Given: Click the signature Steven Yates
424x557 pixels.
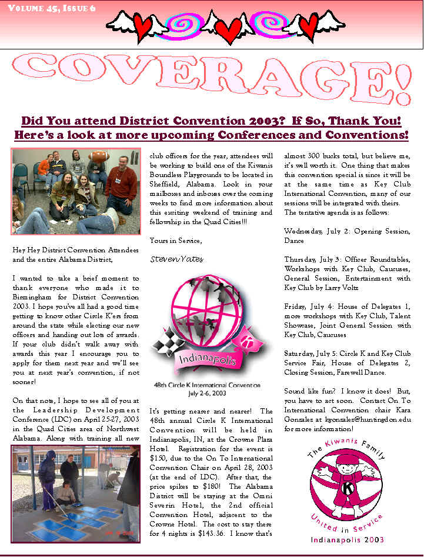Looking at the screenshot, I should coord(176,258).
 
